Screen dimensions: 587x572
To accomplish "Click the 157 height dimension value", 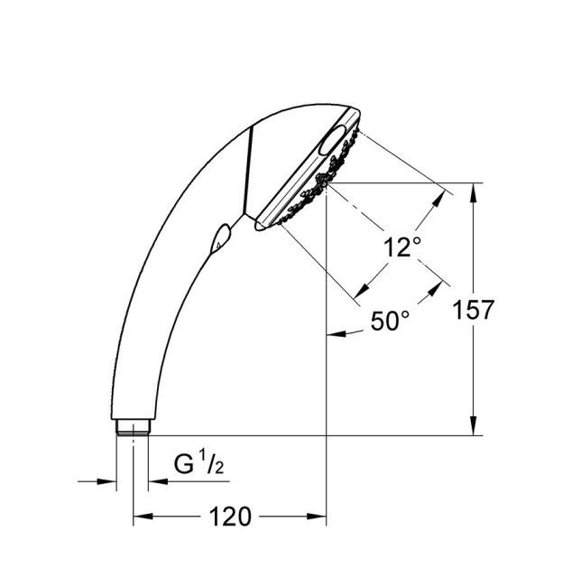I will point(475,310).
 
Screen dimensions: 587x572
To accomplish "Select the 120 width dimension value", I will point(230,517).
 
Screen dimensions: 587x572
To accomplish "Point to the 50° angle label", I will point(390,320).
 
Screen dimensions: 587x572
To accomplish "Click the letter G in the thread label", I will point(184,466).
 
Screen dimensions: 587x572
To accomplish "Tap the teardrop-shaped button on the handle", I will point(219,238).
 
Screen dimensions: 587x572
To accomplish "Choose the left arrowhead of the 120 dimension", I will point(142,517).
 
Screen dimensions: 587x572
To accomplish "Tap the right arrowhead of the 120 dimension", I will point(318,517).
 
